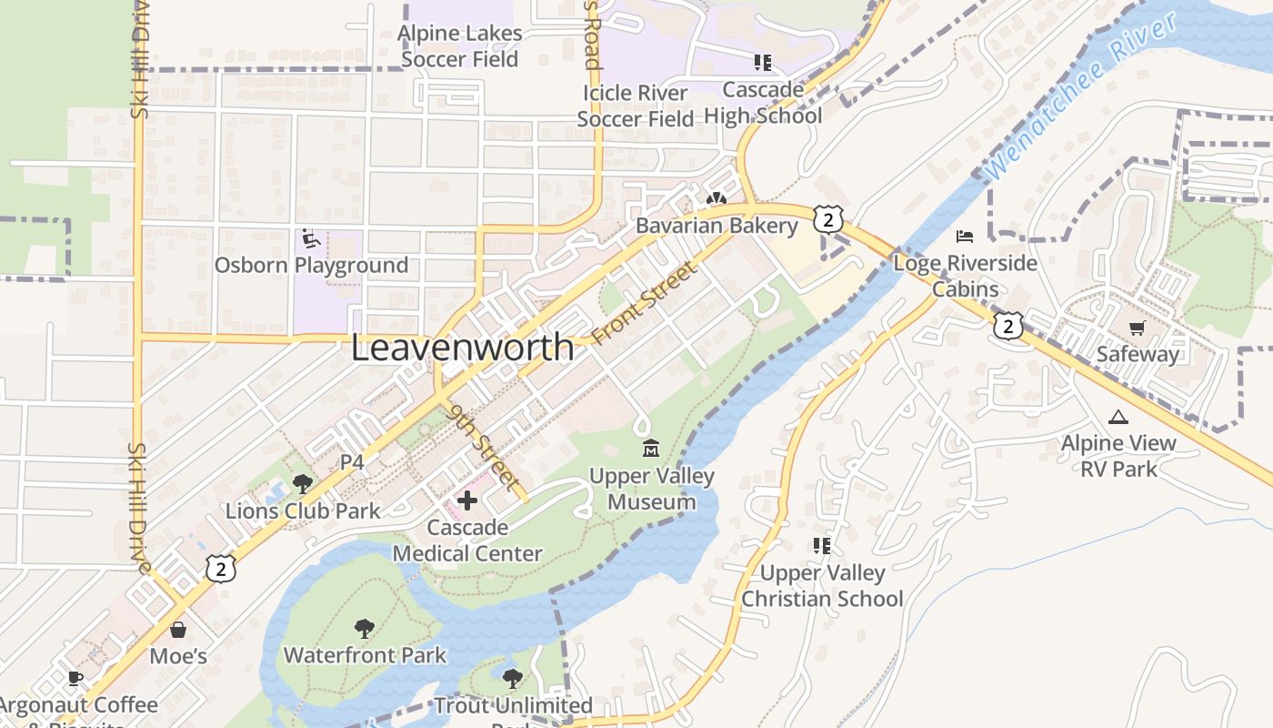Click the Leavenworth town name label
462,348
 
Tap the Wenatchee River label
1081,96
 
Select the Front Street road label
644,303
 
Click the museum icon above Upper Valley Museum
651,449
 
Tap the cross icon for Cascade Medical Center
467,500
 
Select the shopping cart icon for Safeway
1137,328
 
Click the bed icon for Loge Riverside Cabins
965,237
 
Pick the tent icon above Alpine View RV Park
1118,417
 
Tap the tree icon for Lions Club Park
302,484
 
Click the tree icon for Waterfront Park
365,628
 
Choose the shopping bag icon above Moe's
178,630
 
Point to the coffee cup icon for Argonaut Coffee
75,678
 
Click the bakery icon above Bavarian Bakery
717,198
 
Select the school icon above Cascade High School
762,63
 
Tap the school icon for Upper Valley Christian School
822,546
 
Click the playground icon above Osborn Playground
310,239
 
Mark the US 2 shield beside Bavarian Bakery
828,219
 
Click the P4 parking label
352,462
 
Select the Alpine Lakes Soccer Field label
460,46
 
